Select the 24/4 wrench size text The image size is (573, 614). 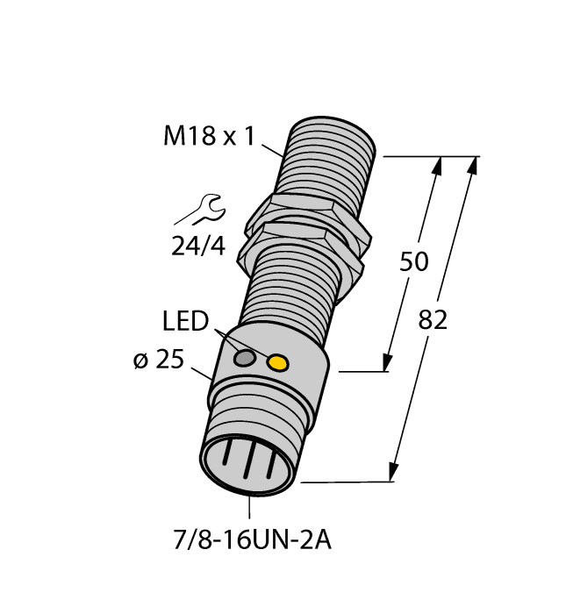click(x=197, y=246)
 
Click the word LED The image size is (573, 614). click(x=186, y=323)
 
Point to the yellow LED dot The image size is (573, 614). click(x=277, y=361)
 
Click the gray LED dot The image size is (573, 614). click(x=247, y=358)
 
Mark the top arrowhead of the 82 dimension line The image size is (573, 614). click(x=475, y=165)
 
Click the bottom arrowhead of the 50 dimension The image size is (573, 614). click(x=385, y=362)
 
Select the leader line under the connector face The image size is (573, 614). click(x=251, y=507)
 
